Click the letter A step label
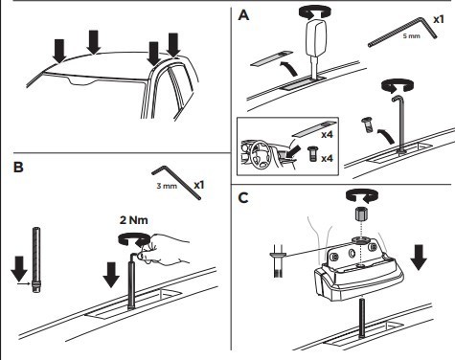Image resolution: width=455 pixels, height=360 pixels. point(243,15)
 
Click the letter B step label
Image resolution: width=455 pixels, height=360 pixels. point(18,168)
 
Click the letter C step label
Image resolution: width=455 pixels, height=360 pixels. point(243,198)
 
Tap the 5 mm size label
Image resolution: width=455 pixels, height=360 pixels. point(411,35)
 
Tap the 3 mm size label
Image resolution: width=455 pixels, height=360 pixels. point(167,186)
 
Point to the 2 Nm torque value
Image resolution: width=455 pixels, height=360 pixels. point(134,220)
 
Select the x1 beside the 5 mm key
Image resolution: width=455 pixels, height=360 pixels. point(439,19)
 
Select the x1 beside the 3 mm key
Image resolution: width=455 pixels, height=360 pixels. point(199,185)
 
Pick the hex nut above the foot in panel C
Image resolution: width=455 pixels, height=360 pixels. point(362,214)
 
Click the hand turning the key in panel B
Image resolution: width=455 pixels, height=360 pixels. point(165,248)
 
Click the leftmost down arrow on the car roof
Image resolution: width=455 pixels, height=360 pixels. point(59,51)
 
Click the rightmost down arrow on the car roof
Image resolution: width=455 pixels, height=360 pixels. point(174,45)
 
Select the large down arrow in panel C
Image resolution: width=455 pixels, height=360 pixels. point(419,258)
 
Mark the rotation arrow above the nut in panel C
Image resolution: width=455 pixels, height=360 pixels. point(362,195)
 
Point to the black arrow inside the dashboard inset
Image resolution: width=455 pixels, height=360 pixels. point(293,149)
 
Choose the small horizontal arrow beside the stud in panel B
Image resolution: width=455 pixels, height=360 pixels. point(24,282)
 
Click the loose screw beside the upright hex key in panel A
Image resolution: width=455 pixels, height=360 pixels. point(367,124)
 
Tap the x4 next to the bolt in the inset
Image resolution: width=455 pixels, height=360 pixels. point(327,158)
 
